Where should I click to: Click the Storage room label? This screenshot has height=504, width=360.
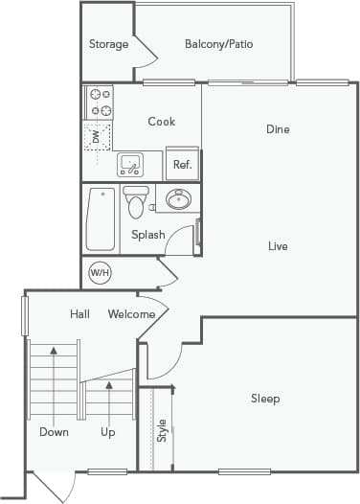[108, 44]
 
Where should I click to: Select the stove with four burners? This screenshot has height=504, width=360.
[99, 102]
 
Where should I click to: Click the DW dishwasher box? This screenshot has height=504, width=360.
[96, 138]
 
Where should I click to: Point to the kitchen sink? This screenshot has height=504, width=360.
[132, 164]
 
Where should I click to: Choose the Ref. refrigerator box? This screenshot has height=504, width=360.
[182, 164]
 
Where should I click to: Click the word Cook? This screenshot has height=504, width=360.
[161, 122]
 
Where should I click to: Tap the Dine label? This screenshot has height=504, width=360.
[278, 129]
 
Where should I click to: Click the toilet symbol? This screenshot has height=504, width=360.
[135, 203]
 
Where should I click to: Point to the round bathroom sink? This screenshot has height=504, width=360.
[178, 200]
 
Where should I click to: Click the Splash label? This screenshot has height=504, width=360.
[148, 235]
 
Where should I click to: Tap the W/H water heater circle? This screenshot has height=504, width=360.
[100, 273]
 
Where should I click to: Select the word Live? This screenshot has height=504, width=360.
[278, 246]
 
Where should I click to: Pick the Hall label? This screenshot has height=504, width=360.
[80, 314]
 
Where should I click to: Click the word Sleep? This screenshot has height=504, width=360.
[265, 399]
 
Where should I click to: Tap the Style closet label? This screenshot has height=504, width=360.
[162, 430]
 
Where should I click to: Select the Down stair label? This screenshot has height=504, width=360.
[54, 432]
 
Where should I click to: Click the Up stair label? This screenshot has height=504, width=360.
[108, 432]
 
